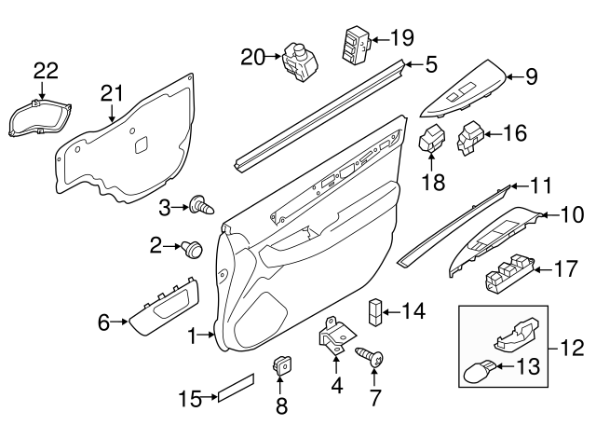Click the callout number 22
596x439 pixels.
pos(45,69)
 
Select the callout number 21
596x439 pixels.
pos(112,91)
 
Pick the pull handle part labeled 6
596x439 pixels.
pos(161,309)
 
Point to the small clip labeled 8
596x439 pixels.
pos(279,367)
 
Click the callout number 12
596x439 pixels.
pos(566,350)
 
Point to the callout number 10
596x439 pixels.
pos(569,215)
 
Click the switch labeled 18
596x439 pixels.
pos(433,143)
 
